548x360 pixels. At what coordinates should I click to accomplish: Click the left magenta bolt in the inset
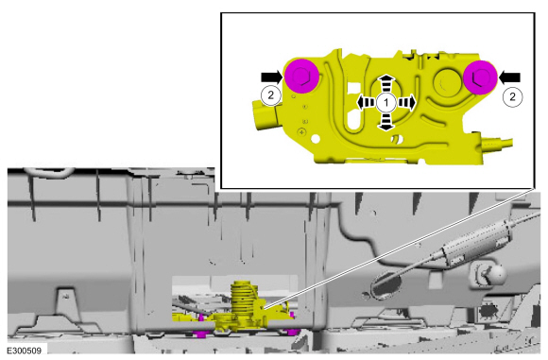301,77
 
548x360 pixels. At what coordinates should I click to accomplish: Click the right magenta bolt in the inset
480,77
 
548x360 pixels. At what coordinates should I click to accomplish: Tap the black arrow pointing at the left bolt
272,77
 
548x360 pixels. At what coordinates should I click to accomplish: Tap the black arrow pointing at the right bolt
509,77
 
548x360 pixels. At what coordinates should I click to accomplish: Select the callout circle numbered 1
386,103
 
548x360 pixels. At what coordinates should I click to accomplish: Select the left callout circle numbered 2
270,95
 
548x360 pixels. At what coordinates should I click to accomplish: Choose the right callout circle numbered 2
513,96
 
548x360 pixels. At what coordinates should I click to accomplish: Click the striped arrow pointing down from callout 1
385,122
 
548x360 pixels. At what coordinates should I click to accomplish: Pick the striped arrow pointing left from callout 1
367,103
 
